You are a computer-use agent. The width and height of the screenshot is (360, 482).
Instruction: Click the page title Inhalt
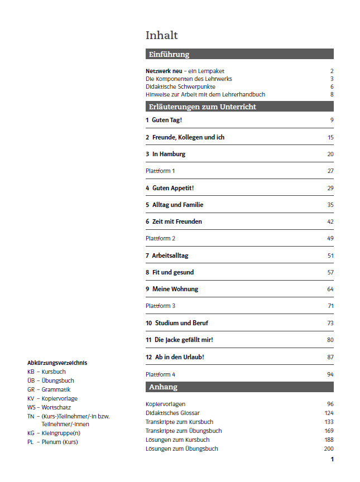pyautogui.click(x=161, y=36)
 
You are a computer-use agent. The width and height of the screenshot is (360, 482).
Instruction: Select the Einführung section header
pyautogui.click(x=169, y=54)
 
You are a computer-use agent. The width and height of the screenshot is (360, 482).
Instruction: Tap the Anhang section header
pyautogui.click(x=163, y=387)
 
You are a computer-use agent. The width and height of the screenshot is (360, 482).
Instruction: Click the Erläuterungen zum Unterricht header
pyautogui.click(x=202, y=107)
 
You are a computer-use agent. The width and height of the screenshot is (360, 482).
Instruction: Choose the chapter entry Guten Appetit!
pyautogui.click(x=172, y=188)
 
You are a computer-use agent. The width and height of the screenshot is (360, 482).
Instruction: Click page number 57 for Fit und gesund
pyautogui.click(x=330, y=272)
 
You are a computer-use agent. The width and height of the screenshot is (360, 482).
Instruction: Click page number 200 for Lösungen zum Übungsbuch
pyautogui.click(x=328, y=449)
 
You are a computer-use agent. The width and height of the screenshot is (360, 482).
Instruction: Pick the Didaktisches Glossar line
pyautogui.click(x=172, y=413)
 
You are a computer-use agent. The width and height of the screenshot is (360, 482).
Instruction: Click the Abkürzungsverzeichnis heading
pyautogui.click(x=57, y=363)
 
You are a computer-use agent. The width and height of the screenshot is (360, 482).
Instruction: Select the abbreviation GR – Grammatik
pyautogui.click(x=49, y=389)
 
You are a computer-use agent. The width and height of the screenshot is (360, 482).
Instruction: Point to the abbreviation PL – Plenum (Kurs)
pyautogui.click(x=52, y=442)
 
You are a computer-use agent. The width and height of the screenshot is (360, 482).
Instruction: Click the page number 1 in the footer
pyautogui.click(x=332, y=459)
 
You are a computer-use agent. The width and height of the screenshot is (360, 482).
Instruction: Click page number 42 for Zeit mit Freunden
pyautogui.click(x=330, y=221)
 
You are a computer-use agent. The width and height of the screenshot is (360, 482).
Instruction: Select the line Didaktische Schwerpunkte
pyautogui.click(x=180, y=86)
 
